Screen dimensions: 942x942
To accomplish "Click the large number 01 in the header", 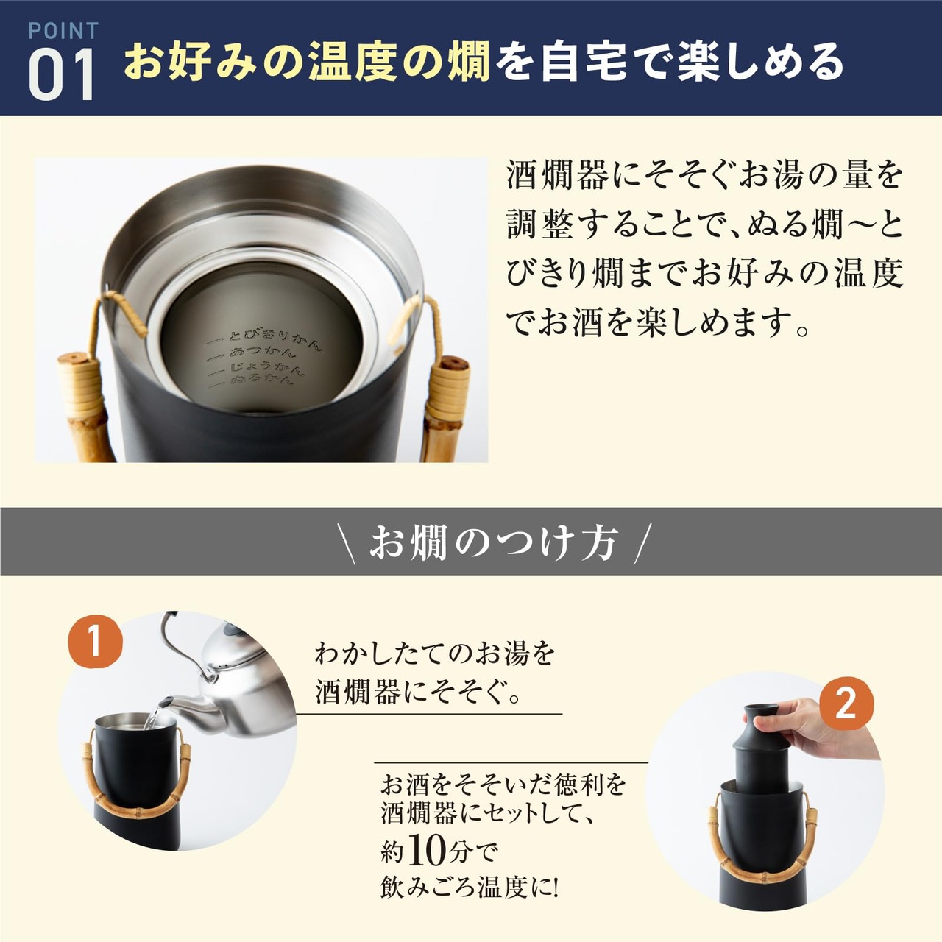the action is click(61, 74).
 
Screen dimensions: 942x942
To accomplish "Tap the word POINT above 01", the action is click(63, 31).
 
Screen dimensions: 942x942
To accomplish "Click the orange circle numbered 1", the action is click(96, 642).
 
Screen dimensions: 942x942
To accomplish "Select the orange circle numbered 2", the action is click(846, 704).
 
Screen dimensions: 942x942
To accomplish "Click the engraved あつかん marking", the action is click(254, 356).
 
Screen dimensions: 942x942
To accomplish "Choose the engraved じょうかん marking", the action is click(256, 369).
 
